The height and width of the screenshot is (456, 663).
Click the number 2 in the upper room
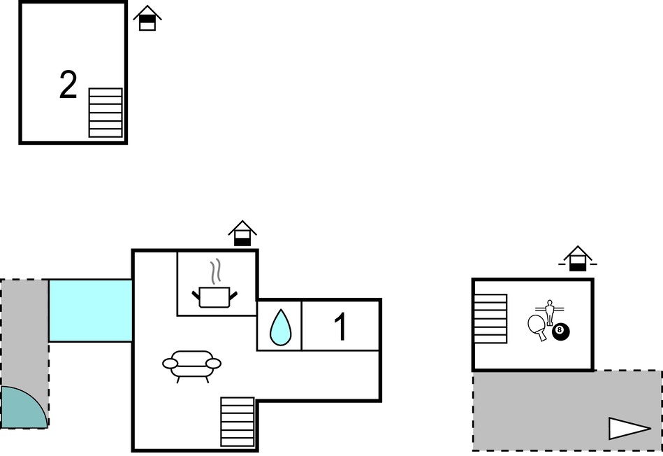(x=68, y=85)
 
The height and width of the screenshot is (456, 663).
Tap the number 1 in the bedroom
(x=341, y=327)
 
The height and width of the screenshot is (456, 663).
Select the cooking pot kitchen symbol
(x=214, y=297)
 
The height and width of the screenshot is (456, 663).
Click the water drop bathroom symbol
(x=280, y=327)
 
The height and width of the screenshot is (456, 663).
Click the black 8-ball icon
(x=561, y=332)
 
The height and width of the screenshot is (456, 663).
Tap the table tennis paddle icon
(x=537, y=327)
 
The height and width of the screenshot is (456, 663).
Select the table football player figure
(x=549, y=312)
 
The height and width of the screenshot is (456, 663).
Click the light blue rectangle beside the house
(x=91, y=311)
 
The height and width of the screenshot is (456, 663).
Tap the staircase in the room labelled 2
(x=105, y=113)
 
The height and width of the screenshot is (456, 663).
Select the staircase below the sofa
(x=238, y=422)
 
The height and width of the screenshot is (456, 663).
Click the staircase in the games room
(x=490, y=318)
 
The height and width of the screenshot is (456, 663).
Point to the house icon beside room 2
(x=147, y=17)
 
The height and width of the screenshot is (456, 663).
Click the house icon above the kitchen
(x=242, y=233)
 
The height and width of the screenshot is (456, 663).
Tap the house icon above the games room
(x=578, y=258)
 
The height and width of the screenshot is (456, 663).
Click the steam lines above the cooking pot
(x=216, y=271)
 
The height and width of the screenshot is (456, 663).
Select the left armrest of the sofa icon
(x=170, y=363)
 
